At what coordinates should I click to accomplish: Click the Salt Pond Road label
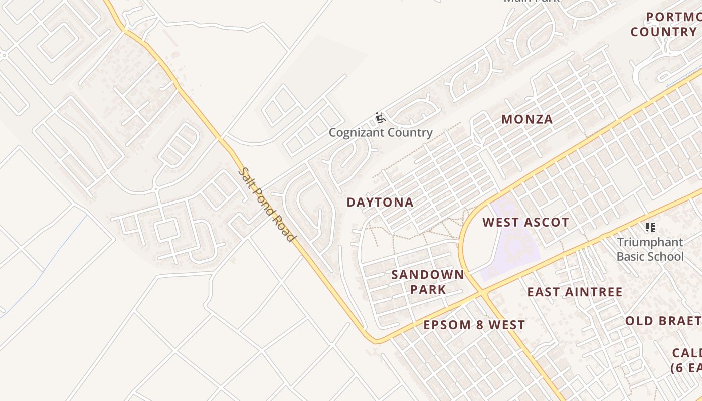click(x=266, y=205)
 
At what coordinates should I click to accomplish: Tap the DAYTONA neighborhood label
click(x=380, y=203)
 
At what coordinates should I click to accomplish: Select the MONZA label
click(x=527, y=119)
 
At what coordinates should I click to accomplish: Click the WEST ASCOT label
click(x=525, y=222)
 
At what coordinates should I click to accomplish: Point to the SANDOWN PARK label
click(x=428, y=282)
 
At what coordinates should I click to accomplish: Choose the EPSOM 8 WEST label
click(x=474, y=325)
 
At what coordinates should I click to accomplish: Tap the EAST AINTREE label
click(x=575, y=292)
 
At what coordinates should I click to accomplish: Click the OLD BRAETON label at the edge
click(x=663, y=321)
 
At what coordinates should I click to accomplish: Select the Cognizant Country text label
click(x=381, y=133)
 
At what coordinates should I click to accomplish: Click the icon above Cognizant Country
click(x=381, y=118)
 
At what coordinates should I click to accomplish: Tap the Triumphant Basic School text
click(x=650, y=249)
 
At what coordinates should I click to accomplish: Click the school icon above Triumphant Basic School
click(x=650, y=227)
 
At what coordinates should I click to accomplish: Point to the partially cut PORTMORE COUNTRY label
click(x=665, y=24)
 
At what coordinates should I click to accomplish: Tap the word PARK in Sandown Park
click(x=428, y=289)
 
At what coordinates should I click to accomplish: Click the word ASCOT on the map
click(x=546, y=222)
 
